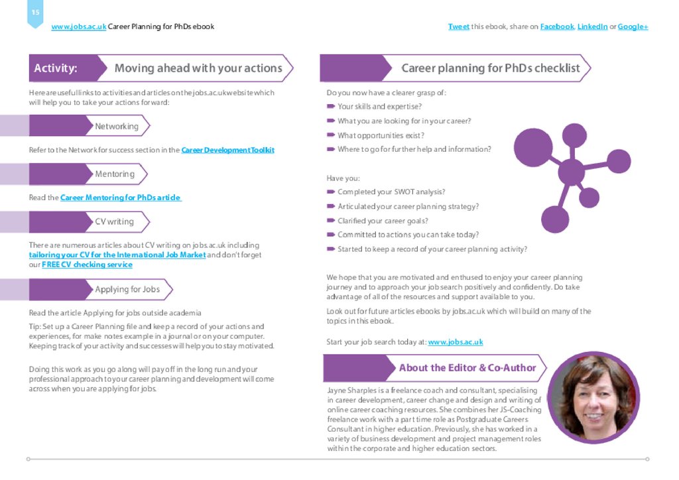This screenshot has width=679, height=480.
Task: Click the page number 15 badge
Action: (35, 13)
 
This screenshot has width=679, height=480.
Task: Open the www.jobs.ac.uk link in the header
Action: (78, 27)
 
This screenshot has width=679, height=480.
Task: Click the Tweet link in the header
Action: (458, 27)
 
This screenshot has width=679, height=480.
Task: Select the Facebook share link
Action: (556, 27)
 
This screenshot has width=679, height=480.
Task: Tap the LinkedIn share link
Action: (592, 27)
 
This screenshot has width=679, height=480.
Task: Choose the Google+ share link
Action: (633, 27)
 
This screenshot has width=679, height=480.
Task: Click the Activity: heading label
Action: (56, 68)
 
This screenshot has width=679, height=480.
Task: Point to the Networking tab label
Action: (117, 126)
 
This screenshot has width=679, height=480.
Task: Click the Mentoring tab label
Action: (115, 174)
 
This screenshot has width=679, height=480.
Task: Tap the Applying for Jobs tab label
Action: (127, 289)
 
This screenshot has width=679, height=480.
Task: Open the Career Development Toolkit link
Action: (227, 150)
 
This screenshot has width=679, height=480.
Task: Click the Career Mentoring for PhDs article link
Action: (121, 198)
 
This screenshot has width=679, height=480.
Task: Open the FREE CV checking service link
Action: (87, 265)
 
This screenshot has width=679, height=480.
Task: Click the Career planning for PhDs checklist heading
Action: (490, 68)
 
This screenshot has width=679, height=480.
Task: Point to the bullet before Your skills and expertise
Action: (330, 106)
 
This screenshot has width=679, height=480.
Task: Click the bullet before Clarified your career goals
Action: (330, 221)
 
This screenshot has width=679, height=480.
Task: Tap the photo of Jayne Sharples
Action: (593, 397)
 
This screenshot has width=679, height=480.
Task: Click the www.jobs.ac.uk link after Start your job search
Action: (455, 342)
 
